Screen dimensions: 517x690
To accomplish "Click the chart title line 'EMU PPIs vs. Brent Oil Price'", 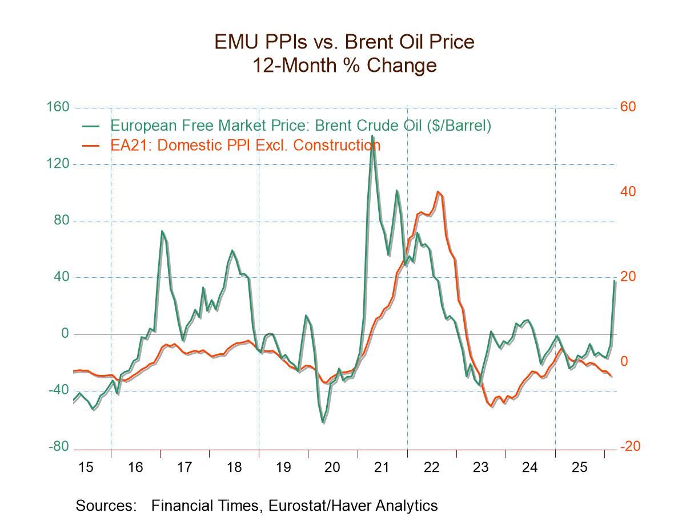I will tap(344, 42).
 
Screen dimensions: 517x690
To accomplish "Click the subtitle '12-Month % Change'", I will tap(344, 65).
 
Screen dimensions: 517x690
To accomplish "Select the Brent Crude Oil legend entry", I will tap(300, 125).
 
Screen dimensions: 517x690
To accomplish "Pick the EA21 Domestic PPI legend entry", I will tap(245, 145).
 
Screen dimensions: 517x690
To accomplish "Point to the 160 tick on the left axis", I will tap(58, 107).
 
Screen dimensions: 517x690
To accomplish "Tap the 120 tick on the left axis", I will tap(58, 164).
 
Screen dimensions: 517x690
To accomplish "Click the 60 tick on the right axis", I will tap(628, 107).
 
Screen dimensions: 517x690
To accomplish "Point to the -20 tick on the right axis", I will tap(630, 447).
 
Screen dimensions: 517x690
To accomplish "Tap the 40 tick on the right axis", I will tap(628, 192).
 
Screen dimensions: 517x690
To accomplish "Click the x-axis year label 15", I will tap(86, 467).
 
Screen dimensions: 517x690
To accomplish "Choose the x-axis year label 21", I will tap(382, 467).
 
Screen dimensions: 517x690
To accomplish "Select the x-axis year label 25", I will tap(579, 467).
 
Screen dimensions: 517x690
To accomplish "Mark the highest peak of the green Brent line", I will tap(372, 136).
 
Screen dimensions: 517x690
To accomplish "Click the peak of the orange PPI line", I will tap(438, 192).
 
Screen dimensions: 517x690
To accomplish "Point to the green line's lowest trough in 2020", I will tap(323, 422).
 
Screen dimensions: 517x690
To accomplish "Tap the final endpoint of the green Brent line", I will tap(615, 281).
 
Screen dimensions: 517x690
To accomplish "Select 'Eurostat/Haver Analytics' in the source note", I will tap(353, 505).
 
